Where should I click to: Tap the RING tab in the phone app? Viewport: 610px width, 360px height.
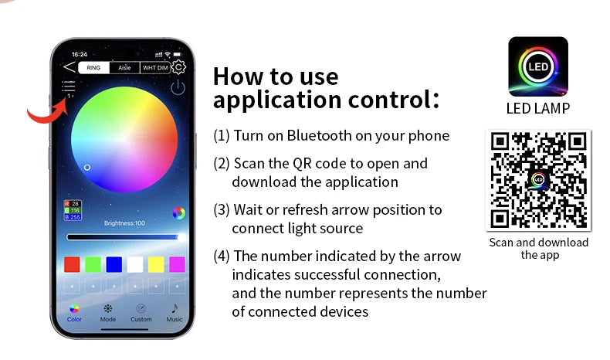pos(93,68)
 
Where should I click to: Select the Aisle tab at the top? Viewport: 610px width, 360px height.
pos(124,68)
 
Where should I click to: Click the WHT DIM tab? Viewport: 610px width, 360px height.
pos(155,68)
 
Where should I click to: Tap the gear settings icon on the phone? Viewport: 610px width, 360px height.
pos(178,67)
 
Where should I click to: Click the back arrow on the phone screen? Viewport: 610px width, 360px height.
pos(69,67)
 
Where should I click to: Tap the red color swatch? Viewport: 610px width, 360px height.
pos(72,265)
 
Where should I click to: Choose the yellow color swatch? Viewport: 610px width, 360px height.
pos(156,265)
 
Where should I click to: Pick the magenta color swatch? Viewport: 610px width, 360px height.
pos(177,265)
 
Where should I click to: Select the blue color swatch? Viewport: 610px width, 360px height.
pos(114,265)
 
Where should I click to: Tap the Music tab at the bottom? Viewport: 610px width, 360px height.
pos(175,314)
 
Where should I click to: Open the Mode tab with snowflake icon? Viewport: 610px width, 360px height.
pos(108,314)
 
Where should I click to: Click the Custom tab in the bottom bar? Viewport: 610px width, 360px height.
pos(141,314)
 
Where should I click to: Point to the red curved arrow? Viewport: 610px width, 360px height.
pos(49,116)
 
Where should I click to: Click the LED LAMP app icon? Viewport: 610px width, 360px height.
pos(538,66)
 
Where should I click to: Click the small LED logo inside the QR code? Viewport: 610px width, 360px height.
pos(538,179)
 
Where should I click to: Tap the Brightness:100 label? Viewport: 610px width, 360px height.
pos(124,223)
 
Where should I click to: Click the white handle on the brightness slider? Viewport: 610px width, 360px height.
pos(181,237)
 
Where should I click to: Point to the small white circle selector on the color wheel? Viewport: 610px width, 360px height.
pos(87,168)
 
